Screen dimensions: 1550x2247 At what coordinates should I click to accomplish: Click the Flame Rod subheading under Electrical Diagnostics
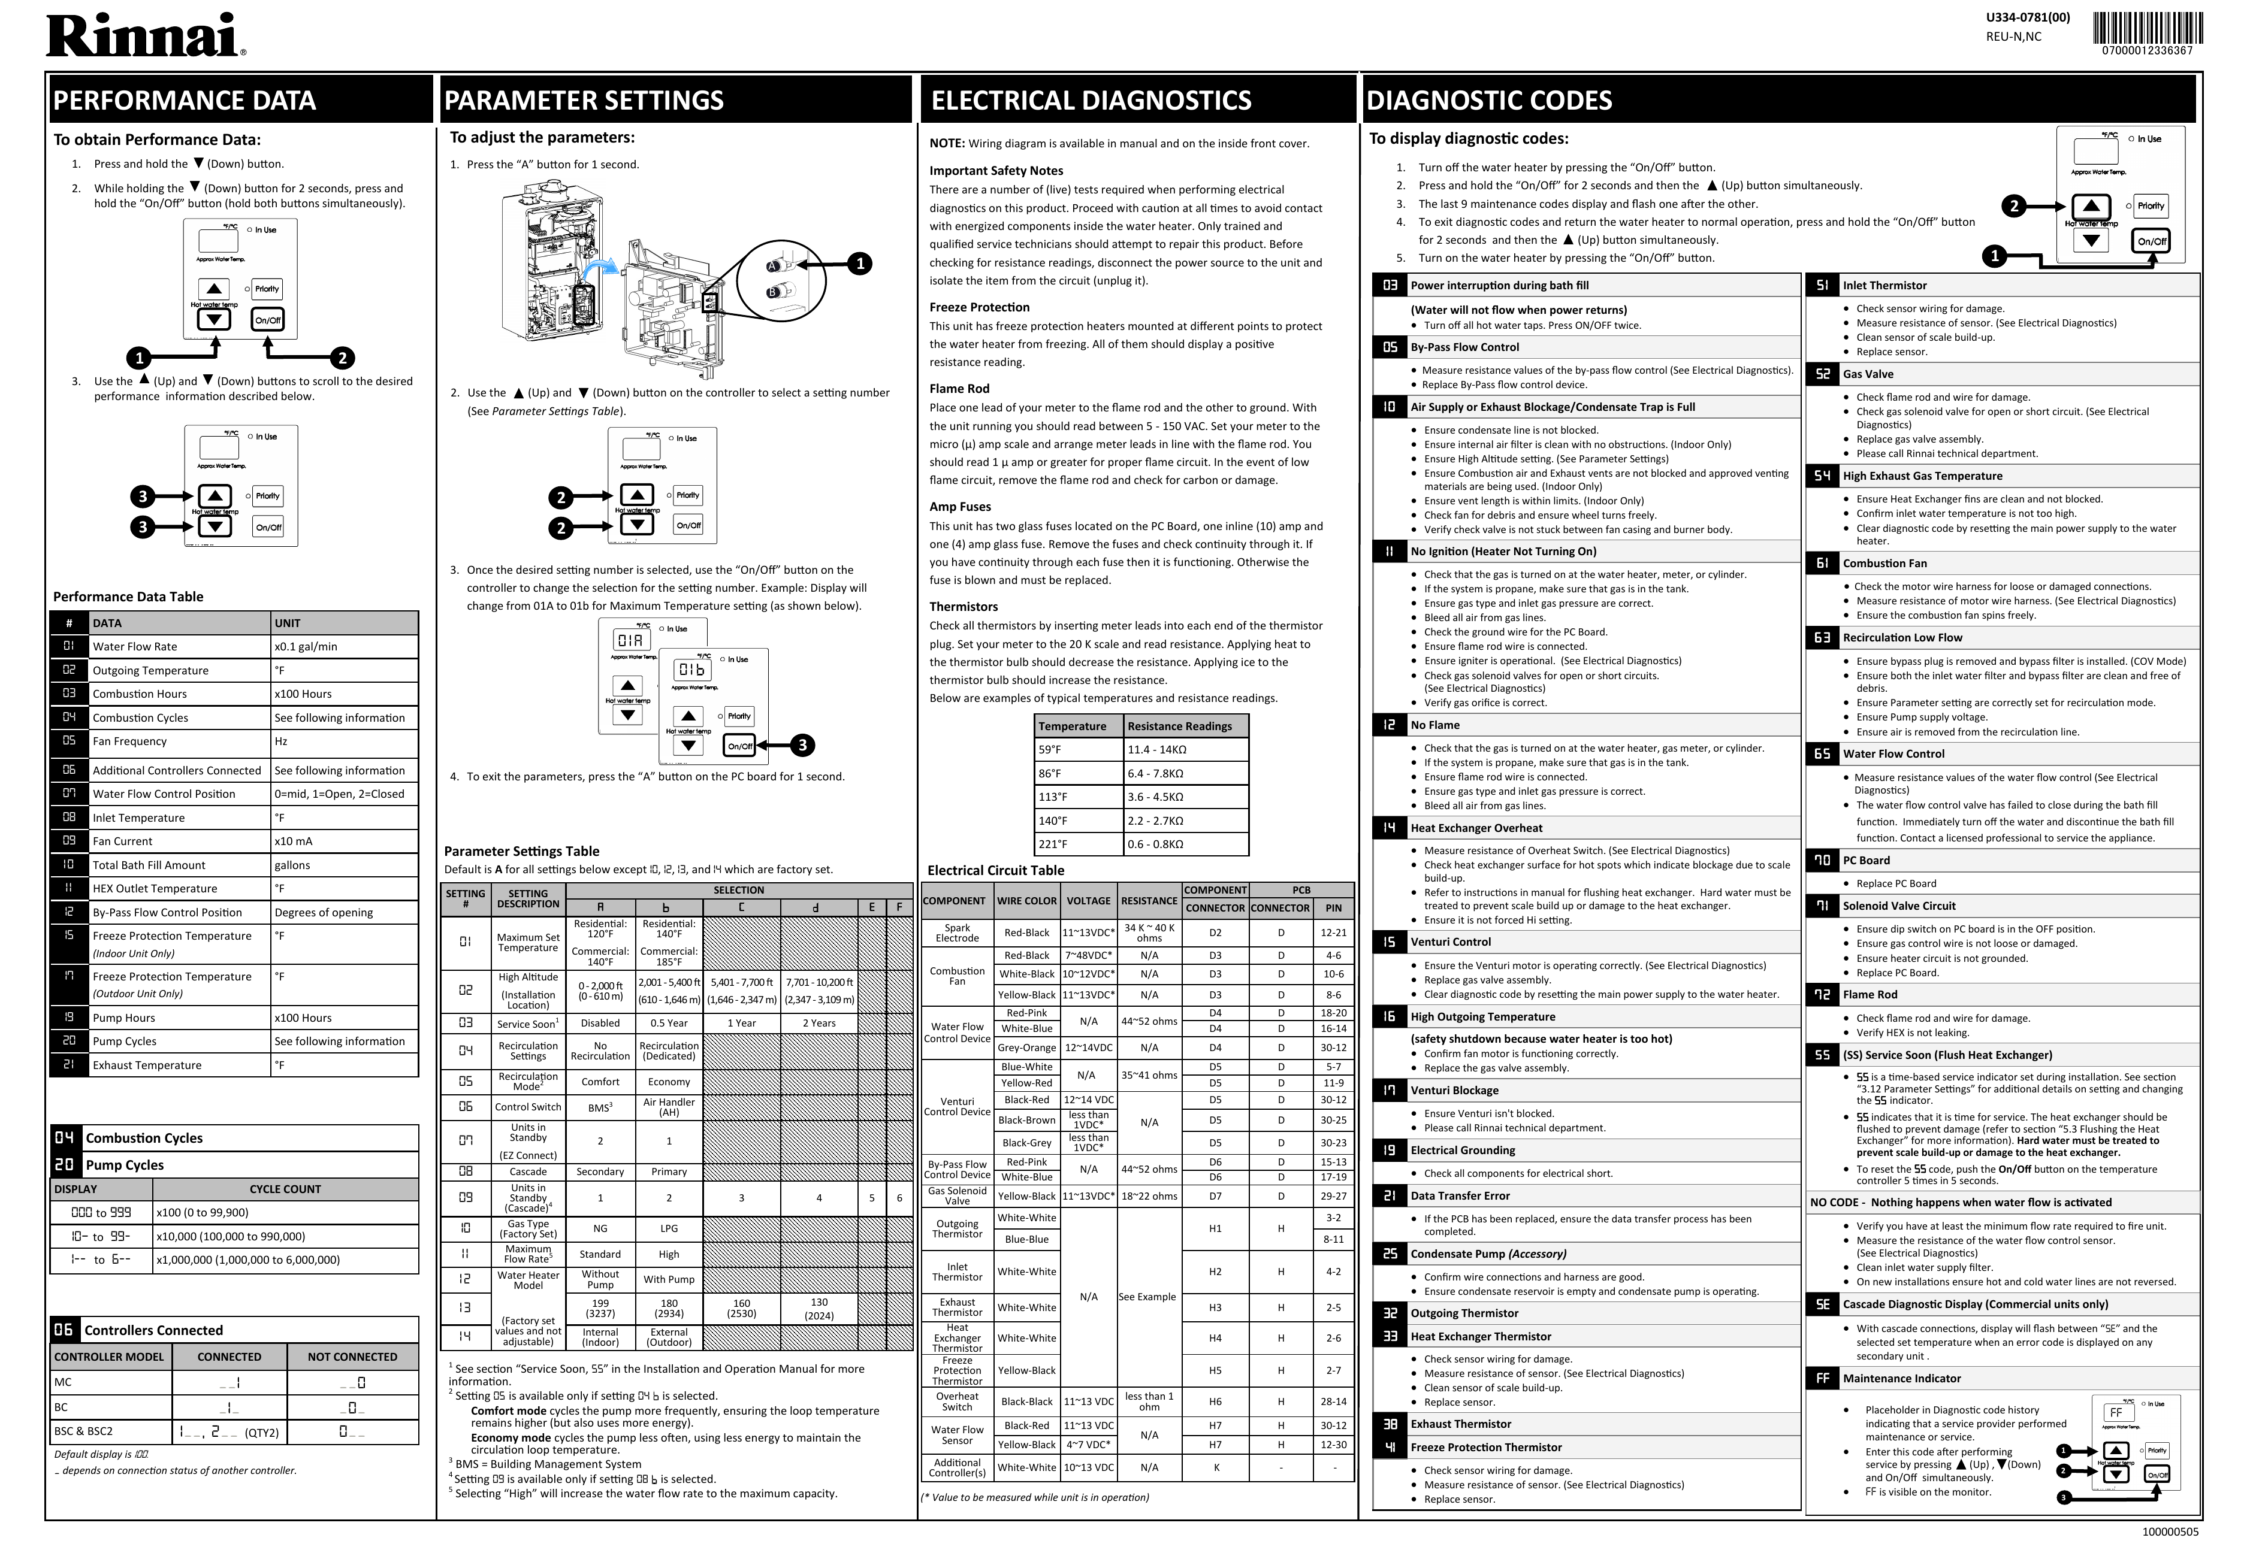pos(959,389)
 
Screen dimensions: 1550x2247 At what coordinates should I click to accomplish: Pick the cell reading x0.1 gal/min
pos(305,647)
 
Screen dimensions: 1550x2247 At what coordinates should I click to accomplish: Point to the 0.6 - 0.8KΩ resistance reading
pos(1155,844)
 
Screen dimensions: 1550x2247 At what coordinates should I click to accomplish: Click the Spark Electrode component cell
pos(957,933)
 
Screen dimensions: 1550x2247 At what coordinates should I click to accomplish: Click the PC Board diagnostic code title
pos(1866,861)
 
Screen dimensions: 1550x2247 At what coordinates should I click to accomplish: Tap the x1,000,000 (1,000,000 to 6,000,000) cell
pos(247,1261)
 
